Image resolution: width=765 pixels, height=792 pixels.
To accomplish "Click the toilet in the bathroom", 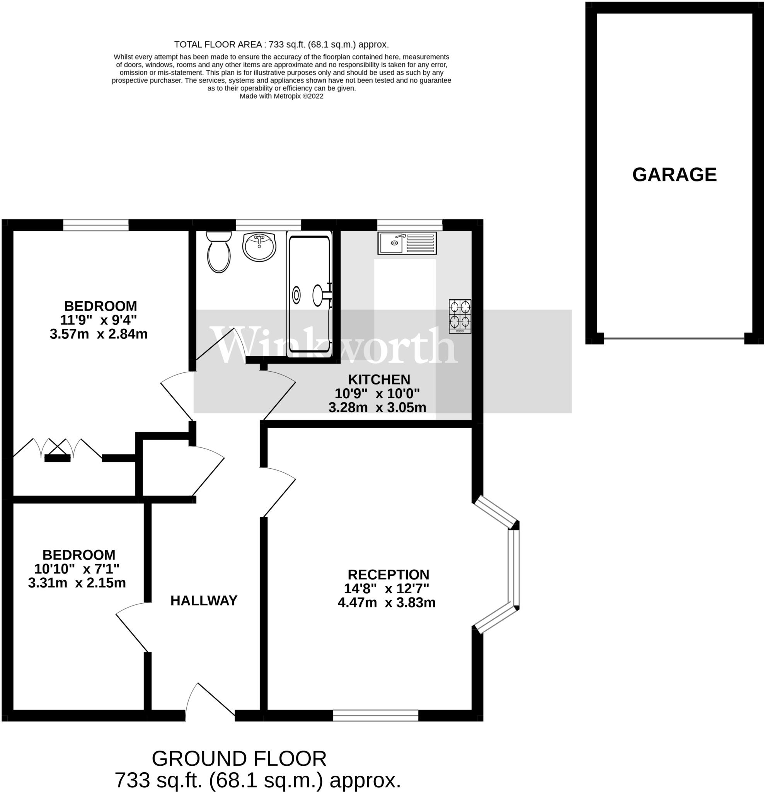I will pos(218,253).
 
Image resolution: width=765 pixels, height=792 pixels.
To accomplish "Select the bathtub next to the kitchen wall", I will pos(309,295).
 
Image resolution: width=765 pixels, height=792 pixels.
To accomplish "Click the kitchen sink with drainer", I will pos(407,243).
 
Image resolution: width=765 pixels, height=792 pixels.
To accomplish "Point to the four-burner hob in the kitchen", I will pos(460,316).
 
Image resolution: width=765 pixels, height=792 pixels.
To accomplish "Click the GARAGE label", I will pos(674,174).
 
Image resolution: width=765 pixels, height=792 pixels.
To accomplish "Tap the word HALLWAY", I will pos(204,601).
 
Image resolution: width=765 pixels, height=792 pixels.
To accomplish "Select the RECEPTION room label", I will pos(388,575).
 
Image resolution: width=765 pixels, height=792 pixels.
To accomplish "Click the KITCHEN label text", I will pos(379,379).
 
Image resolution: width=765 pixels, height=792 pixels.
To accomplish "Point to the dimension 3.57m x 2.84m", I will pos(99,334).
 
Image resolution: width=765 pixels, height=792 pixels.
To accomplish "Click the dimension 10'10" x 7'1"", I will pos(77,569).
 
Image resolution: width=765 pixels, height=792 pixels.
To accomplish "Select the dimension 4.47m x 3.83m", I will pos(387,603).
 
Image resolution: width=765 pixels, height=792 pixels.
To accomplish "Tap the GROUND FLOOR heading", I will pos(239,759).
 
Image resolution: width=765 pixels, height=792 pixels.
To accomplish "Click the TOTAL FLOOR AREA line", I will pos(281,44).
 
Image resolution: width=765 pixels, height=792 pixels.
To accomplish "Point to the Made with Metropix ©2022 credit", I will pos(281,96).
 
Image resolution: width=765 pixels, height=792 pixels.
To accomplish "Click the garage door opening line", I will pos(674,338).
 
